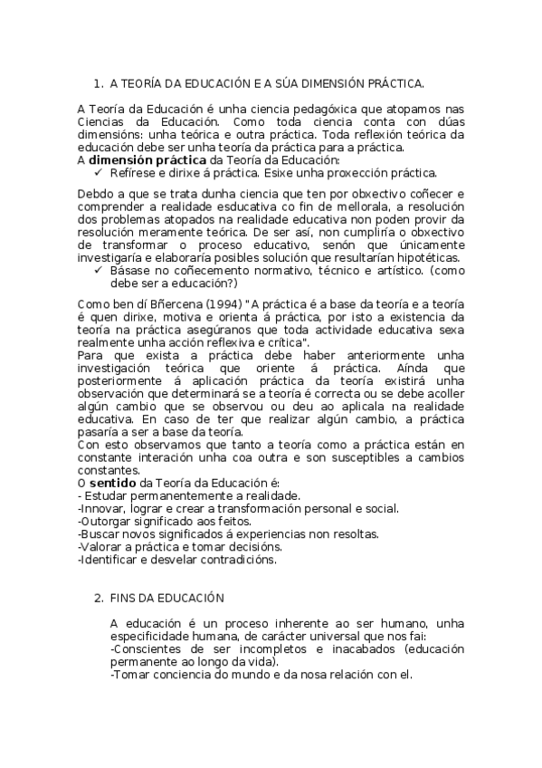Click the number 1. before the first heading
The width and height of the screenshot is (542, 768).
tap(100, 83)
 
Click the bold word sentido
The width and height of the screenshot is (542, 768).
tap(113, 484)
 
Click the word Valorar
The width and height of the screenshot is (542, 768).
tap(103, 547)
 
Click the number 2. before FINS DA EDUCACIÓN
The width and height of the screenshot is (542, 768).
tap(100, 599)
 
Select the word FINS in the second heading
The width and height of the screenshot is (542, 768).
tap(123, 599)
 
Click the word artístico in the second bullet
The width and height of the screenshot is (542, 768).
tap(395, 270)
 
